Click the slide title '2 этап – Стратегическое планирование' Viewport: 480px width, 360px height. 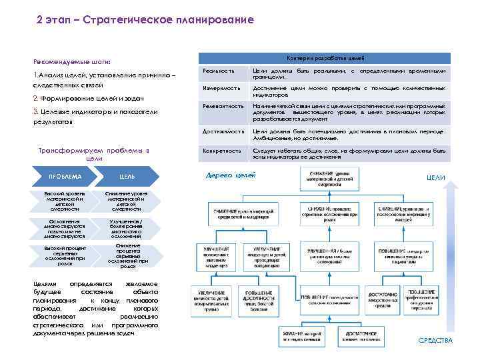point(145,20)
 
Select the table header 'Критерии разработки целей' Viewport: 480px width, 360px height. point(325,58)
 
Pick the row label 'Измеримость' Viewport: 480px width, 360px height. point(221,88)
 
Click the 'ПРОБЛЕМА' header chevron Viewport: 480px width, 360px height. point(65,176)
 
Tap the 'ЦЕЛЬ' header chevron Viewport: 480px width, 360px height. point(127,176)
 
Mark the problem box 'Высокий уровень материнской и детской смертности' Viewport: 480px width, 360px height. point(65,201)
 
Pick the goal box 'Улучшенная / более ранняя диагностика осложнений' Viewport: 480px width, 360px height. point(126,227)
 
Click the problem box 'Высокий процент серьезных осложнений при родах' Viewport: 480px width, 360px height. point(65,255)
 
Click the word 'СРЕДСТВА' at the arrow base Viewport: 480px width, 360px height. point(435,341)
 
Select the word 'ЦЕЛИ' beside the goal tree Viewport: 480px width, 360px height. point(435,177)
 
